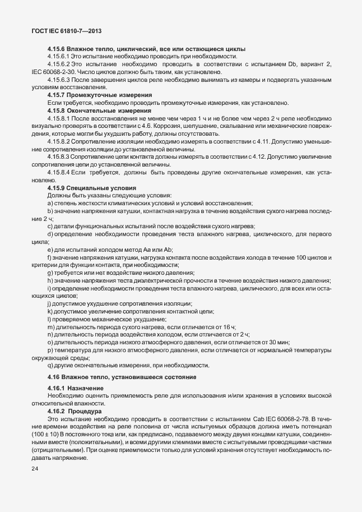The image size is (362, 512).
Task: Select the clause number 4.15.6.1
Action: tap(59, 57)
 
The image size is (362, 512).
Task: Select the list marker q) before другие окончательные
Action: tap(50, 366)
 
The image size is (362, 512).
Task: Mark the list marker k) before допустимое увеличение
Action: tap(50, 311)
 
